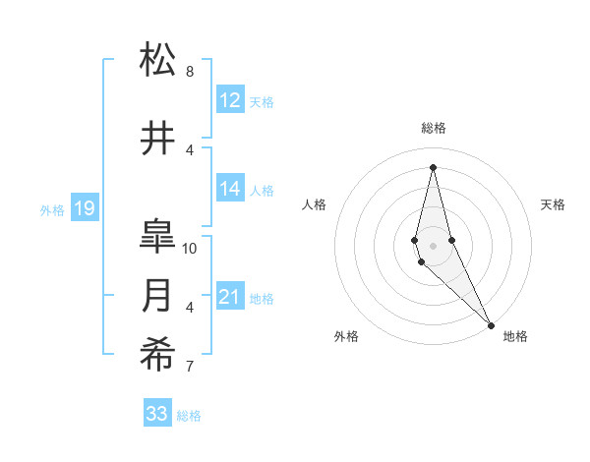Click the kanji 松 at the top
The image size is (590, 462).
point(158,60)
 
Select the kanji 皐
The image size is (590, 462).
point(158,237)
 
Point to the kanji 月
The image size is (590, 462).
point(158,296)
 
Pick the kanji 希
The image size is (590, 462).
point(158,355)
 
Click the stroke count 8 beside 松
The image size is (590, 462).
point(190,72)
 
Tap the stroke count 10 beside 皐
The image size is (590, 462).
point(191,249)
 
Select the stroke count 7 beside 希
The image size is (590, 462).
point(190,367)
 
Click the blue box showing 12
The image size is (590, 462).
point(230,100)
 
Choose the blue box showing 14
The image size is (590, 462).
point(230,190)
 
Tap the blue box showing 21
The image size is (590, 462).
point(230,297)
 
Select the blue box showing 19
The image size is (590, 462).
point(84,208)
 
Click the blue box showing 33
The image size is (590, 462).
point(156,414)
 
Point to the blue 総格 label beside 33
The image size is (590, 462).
point(189,416)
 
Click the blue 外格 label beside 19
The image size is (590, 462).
point(51,209)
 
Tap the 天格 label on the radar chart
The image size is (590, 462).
point(554,204)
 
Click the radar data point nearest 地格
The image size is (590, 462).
point(492,324)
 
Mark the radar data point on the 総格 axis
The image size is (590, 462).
point(433,166)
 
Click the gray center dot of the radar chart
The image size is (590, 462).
point(433,245)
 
